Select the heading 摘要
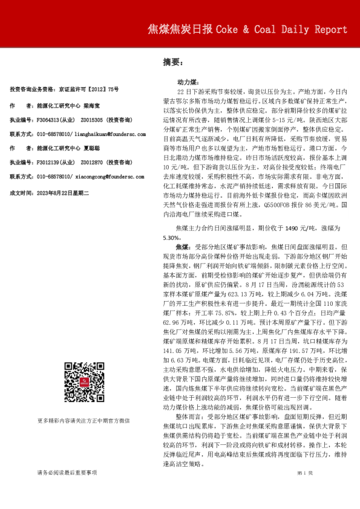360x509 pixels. [172, 62]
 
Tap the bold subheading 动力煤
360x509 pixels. [186, 80]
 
